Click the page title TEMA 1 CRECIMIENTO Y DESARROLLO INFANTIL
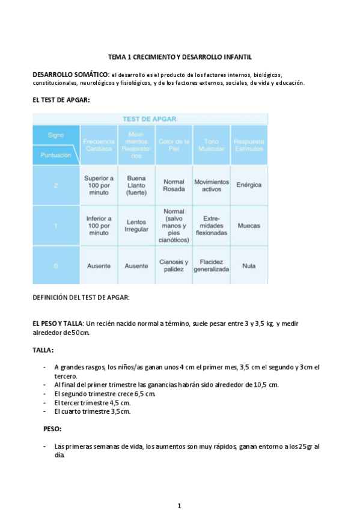pos(180,56)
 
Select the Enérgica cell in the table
pos(249,185)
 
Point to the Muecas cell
pos(249,226)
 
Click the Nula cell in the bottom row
pos(249,265)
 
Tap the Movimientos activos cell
pos(211,185)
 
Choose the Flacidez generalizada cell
pos(211,266)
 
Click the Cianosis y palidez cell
pos(174,266)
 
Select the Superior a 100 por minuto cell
pos(99,185)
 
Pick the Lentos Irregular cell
pos(136,226)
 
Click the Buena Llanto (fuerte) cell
pos(136,185)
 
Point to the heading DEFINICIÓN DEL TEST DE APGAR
pos(81,297)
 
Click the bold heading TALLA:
pos(43,349)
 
